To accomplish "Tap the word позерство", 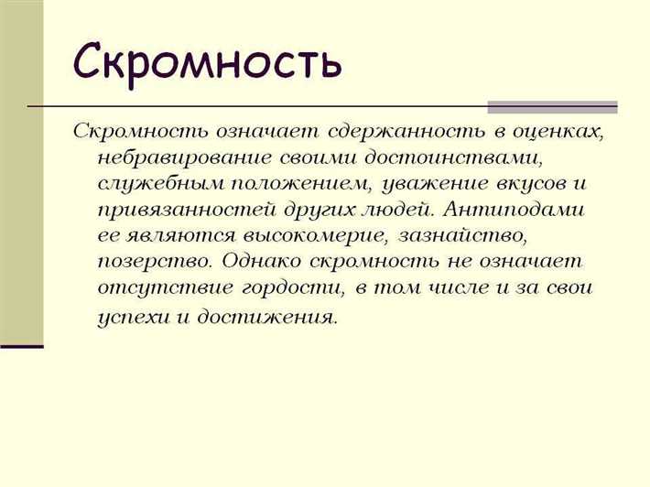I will tap(152, 262).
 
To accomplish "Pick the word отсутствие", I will tap(162, 288).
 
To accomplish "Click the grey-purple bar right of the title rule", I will tap(551, 107).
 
